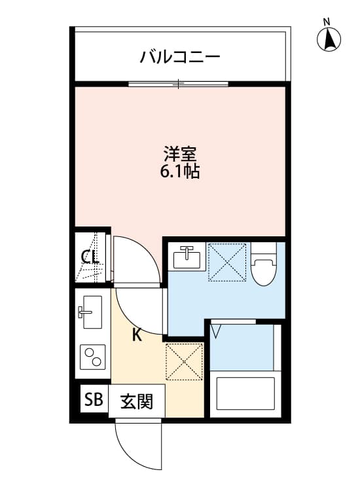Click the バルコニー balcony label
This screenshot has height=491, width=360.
coord(179,57)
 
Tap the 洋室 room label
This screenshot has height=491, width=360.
coord(180,155)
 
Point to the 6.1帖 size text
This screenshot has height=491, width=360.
coord(180,172)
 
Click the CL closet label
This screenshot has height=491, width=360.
coord(90,257)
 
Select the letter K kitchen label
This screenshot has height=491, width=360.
coord(137,335)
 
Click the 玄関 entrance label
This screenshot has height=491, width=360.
coord(136,401)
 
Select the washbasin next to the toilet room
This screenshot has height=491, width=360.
coord(188,258)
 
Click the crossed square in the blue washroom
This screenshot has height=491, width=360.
coord(226,263)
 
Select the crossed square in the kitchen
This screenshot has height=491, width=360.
coord(184,361)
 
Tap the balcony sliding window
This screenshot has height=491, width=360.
coord(178,84)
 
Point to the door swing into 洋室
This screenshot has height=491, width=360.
coord(135,259)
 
